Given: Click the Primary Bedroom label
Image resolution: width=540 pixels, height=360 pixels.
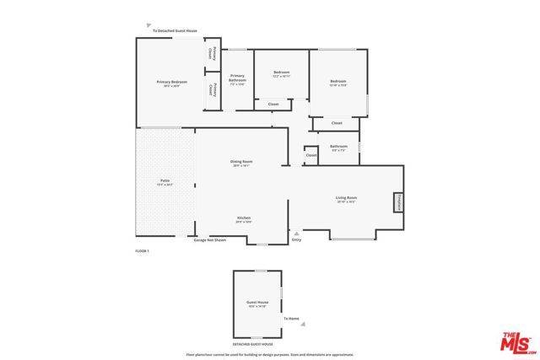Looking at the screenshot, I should click(x=171, y=83).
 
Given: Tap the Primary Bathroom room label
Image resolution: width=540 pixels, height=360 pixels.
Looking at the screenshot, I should click(x=237, y=80).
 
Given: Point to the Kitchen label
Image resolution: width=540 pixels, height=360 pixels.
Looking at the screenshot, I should click(x=244, y=218).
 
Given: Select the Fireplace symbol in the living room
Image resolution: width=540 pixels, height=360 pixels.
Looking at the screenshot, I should click(x=397, y=203).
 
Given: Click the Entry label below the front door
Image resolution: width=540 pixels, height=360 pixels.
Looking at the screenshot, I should click(x=296, y=240).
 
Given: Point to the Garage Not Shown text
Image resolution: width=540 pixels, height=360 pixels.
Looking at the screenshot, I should click(x=210, y=240).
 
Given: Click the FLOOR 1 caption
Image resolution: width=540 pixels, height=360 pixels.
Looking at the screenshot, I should click(x=142, y=251).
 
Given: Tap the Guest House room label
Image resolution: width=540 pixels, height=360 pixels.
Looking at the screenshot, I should click(x=256, y=303).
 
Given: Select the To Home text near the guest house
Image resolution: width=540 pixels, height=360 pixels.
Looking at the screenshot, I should click(x=291, y=319).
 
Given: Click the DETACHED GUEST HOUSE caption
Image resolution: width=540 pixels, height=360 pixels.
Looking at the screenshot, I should click(x=256, y=344).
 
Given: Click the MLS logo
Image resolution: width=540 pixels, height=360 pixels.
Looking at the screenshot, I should click(x=517, y=342).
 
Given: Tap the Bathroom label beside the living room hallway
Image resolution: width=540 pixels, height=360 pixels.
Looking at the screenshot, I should click(x=339, y=147).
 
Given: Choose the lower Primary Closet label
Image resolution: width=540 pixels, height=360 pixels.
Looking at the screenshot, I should click(x=214, y=90).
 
